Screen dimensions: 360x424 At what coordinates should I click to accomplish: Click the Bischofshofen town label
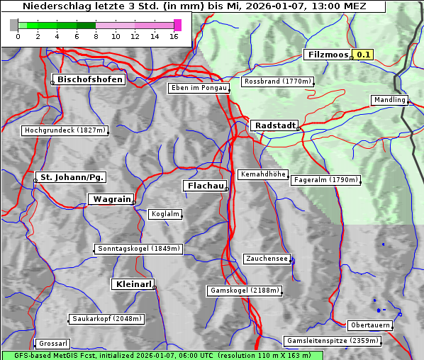click(x=90, y=79)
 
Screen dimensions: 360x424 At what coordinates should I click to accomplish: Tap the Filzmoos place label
click(x=328, y=55)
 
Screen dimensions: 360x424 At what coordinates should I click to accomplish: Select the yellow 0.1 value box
click(x=363, y=55)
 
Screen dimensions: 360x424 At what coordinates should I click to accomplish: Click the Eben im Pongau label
click(x=199, y=88)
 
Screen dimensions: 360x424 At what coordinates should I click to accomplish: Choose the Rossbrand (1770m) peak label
click(x=277, y=81)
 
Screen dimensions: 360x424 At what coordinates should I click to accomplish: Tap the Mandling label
click(x=389, y=100)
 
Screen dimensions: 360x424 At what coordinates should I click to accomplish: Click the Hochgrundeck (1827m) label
click(x=65, y=130)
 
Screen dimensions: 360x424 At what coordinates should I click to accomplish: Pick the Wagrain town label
click(x=111, y=199)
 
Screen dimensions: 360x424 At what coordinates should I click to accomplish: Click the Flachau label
click(x=205, y=186)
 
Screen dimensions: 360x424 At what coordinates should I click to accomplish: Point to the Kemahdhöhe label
click(x=262, y=174)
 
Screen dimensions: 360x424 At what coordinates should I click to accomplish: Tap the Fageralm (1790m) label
click(x=325, y=180)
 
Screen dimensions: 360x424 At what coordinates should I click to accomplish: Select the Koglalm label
click(x=165, y=214)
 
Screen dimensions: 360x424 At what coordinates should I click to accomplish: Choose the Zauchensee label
click(x=267, y=259)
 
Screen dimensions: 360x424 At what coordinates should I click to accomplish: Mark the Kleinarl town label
click(x=133, y=284)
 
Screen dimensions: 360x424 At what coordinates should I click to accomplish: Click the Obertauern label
click(x=369, y=325)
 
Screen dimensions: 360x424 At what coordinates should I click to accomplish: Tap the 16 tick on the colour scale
click(x=174, y=35)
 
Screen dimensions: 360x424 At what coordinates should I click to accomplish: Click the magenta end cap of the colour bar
click(x=177, y=25)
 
